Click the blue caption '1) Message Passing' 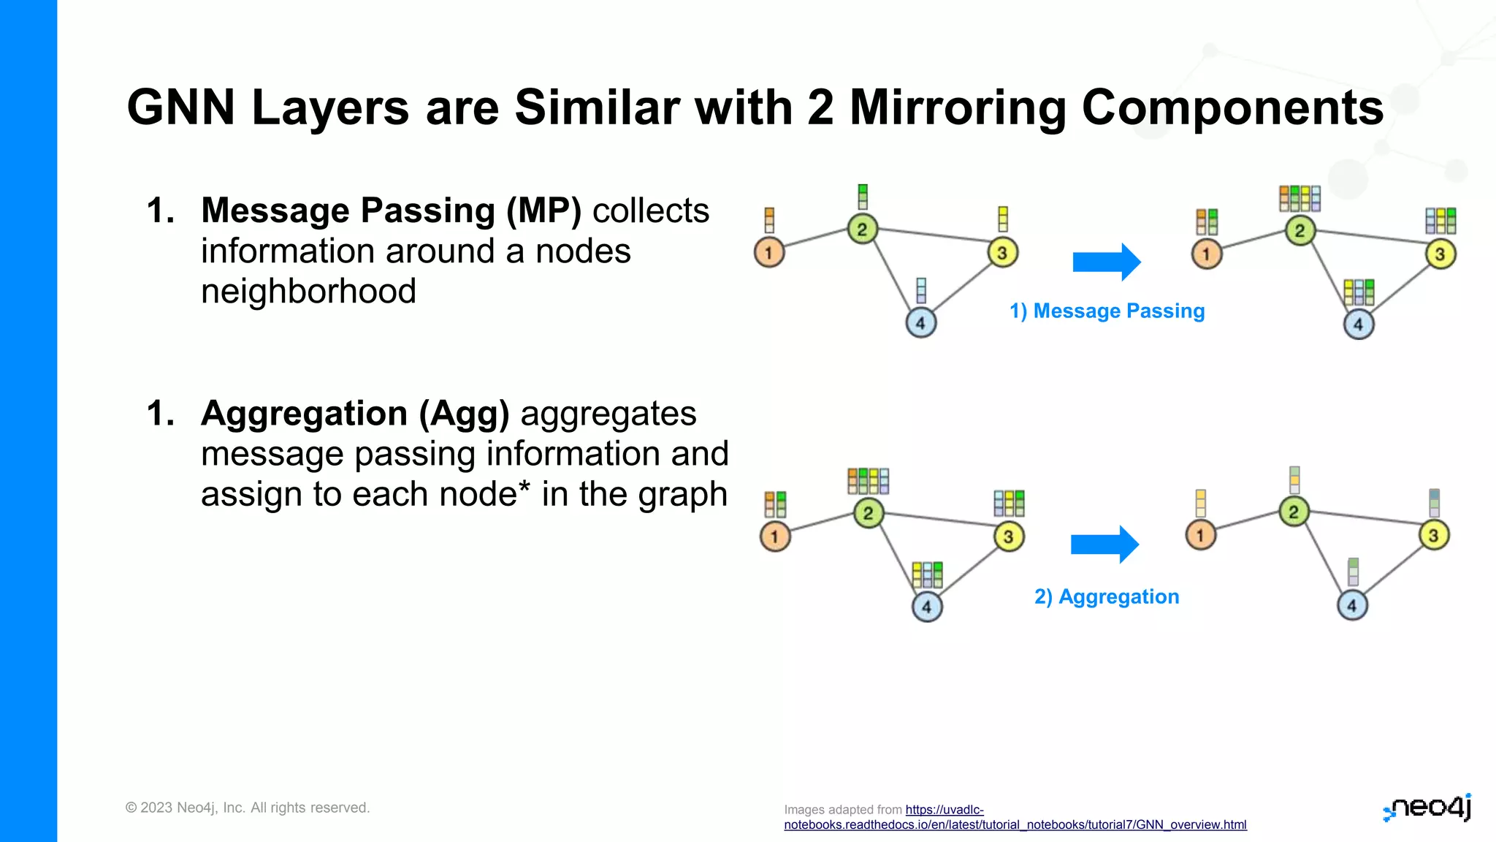[x=1107, y=311]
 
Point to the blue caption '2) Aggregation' [x=1107, y=597]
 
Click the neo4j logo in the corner [x=1427, y=808]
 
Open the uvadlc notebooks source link [x=1015, y=824]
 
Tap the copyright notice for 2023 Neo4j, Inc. [x=248, y=808]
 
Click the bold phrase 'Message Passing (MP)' [x=391, y=211]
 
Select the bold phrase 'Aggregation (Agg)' [x=355, y=414]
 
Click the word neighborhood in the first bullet [x=308, y=292]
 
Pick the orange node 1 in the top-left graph [x=768, y=253]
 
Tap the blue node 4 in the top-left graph [x=920, y=323]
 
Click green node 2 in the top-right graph [x=1300, y=232]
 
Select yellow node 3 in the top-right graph [x=1440, y=254]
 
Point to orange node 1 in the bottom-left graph [x=774, y=536]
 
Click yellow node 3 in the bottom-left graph [x=1008, y=536]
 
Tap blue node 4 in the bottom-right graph [x=1351, y=605]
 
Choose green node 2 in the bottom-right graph [x=1293, y=512]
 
